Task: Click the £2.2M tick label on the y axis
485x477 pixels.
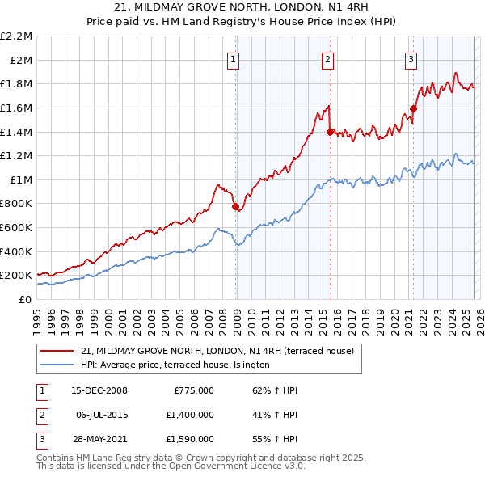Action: tap(16, 36)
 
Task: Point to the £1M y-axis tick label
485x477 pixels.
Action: tap(20, 179)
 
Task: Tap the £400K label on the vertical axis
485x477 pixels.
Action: tap(16, 251)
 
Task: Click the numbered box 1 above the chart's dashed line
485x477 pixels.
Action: tap(233, 58)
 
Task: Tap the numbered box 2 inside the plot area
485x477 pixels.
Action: tap(327, 58)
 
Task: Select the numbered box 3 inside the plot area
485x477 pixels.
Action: tap(411, 58)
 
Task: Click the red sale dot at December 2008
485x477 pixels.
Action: tap(235, 207)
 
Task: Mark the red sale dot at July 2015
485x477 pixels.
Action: tap(330, 132)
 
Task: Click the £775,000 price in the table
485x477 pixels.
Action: tap(193, 390)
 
